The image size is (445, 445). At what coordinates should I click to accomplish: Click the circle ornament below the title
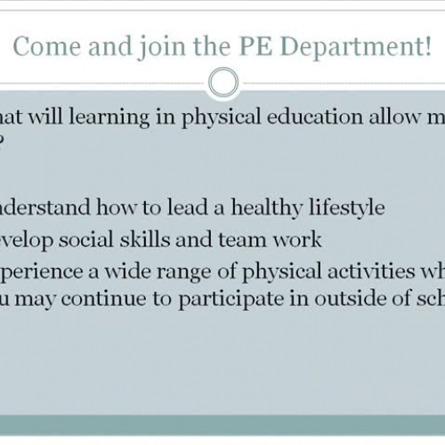222,84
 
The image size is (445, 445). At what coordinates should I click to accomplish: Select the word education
312,118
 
